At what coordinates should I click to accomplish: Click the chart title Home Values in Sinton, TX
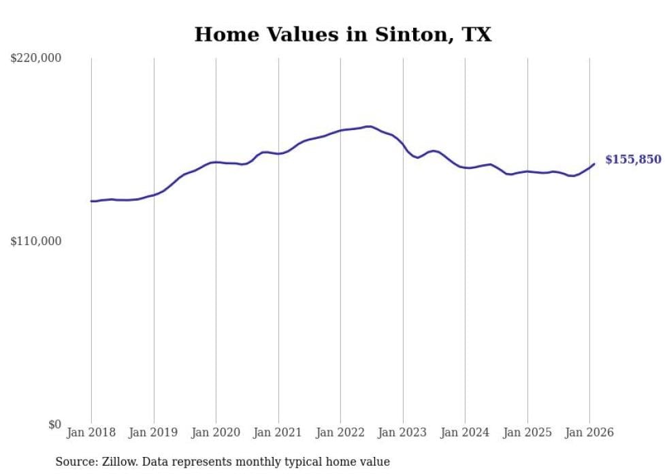coord(342,35)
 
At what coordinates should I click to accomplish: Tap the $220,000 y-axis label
coord(36,59)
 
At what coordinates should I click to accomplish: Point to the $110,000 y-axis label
coord(36,241)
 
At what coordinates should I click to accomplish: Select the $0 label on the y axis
coord(54,425)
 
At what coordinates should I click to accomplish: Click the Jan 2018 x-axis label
coord(91,432)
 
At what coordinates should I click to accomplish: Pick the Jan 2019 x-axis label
coord(154,432)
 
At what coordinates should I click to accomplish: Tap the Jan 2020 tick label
coord(216,432)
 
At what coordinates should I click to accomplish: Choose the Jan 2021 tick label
coord(278,432)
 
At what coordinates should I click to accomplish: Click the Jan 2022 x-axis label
coord(340,432)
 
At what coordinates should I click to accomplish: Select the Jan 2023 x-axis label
coord(403,432)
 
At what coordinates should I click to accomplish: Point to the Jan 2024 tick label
coord(465,432)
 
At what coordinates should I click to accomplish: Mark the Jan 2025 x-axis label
coord(527,432)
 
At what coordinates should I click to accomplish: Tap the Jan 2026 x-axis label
coord(589,432)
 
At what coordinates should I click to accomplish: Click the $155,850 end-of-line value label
coord(633,159)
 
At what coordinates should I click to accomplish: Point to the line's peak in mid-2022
coord(369,126)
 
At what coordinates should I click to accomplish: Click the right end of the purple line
coord(594,163)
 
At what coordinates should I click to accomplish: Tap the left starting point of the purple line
coord(91,201)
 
